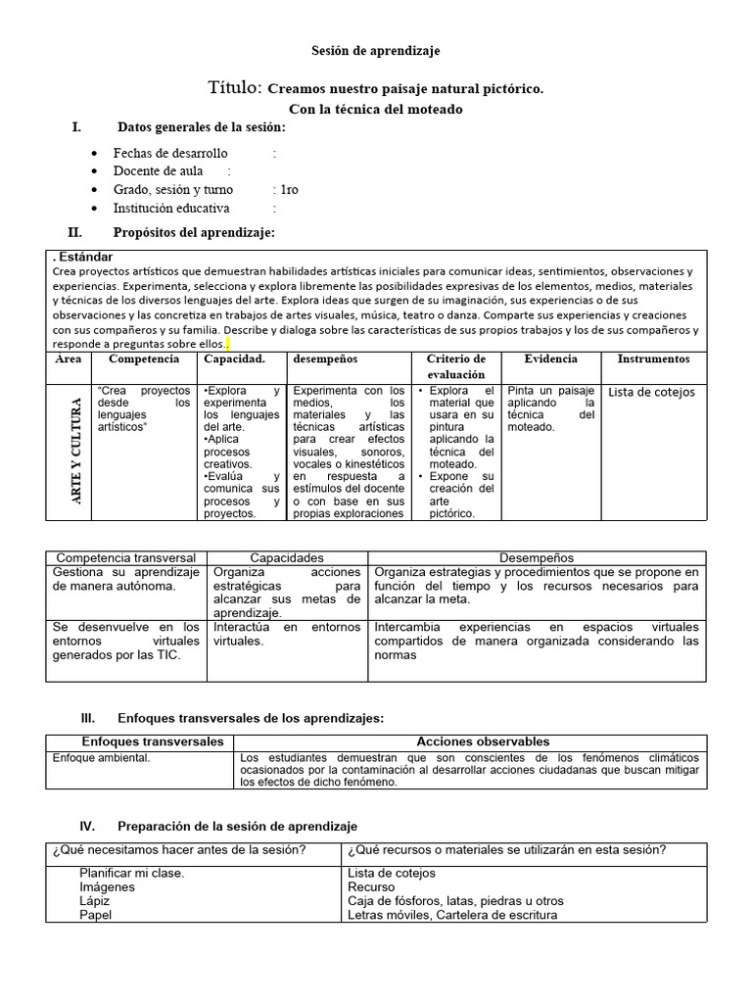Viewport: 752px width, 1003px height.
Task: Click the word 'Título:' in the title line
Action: (x=235, y=88)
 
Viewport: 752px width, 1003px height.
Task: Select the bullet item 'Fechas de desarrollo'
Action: (x=170, y=153)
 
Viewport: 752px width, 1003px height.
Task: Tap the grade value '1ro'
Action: (x=290, y=190)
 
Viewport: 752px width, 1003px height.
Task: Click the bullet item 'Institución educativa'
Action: (x=171, y=208)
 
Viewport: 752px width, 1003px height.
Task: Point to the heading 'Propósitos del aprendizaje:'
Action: (x=195, y=232)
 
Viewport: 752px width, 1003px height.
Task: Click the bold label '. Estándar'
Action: (x=83, y=257)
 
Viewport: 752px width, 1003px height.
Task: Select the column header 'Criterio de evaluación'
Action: (x=455, y=366)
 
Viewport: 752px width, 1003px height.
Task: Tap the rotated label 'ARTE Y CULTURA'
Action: (x=75, y=451)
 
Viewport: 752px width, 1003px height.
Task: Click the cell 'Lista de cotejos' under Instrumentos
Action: (x=651, y=392)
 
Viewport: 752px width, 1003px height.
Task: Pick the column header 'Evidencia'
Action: (x=550, y=359)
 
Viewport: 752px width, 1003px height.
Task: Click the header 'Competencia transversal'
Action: (x=125, y=557)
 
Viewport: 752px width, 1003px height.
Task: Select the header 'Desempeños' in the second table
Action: (x=536, y=557)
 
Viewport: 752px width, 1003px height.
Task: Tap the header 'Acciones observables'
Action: (x=483, y=741)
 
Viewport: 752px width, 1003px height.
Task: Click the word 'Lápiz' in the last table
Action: (x=95, y=901)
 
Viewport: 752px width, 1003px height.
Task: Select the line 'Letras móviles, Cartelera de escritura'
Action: (x=451, y=915)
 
